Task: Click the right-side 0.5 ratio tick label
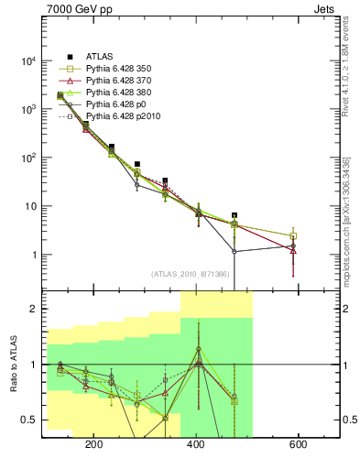tap(350, 420)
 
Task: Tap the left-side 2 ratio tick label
tap(33, 310)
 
